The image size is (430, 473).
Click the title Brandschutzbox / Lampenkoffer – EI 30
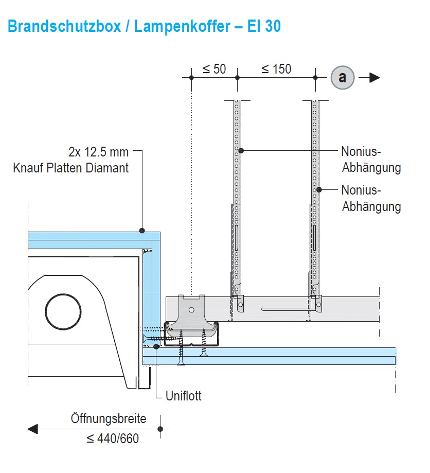[x=144, y=26]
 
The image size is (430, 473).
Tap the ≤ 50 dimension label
[x=214, y=69]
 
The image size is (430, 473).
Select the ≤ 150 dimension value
[x=276, y=69]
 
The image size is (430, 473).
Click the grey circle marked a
[x=343, y=78]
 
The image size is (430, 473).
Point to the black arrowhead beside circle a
[x=374, y=78]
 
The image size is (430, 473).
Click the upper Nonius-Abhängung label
[x=371, y=160]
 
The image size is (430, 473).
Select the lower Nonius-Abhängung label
[x=371, y=199]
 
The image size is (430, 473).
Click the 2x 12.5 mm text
[x=98, y=152]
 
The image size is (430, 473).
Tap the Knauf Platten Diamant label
[x=71, y=168]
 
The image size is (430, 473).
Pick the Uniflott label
[x=184, y=396]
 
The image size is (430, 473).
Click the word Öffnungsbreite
[x=109, y=418]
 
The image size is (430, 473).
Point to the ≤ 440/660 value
[x=113, y=439]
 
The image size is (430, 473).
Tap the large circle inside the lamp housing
[x=63, y=312]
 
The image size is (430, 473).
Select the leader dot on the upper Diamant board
[x=142, y=231]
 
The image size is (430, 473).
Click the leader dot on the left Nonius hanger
[x=240, y=151]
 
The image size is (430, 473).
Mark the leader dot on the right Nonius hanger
[x=319, y=189]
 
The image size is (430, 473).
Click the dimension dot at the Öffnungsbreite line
[x=160, y=429]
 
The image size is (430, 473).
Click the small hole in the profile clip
[x=190, y=310]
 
